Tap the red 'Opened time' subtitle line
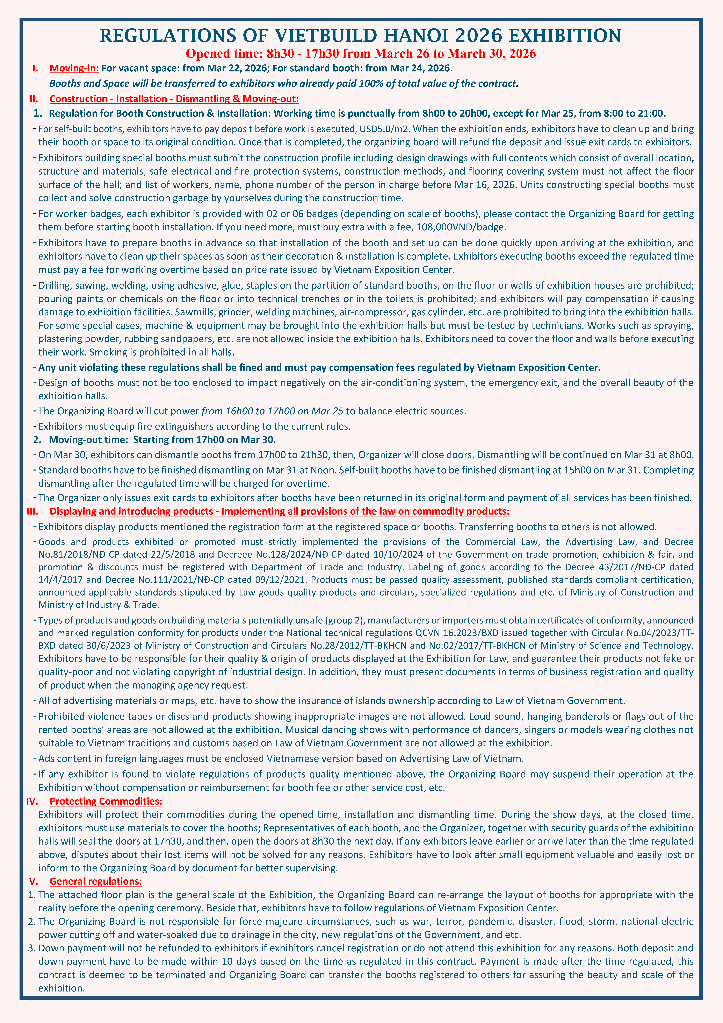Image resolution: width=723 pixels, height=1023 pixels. (x=361, y=54)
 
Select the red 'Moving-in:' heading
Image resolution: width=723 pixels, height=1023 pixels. (x=74, y=68)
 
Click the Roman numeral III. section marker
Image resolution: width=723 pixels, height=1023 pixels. (x=32, y=511)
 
